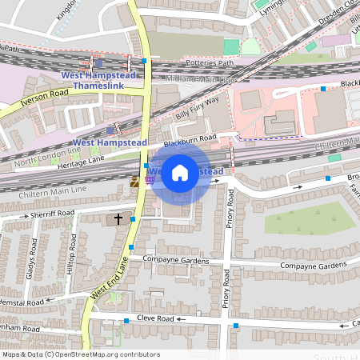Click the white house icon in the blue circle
(180, 173)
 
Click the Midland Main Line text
(201, 79)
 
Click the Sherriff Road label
(52, 214)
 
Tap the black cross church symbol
(118, 218)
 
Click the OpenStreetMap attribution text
(80, 354)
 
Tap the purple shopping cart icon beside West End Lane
(150, 181)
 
